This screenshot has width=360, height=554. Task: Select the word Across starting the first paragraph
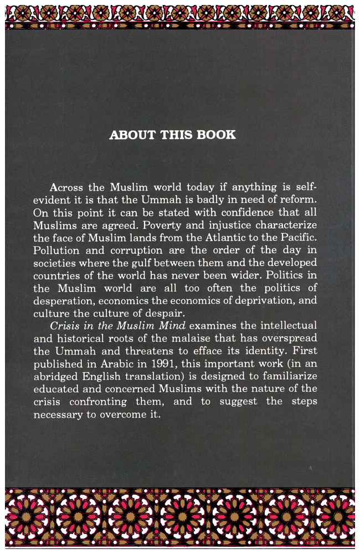pos(66,187)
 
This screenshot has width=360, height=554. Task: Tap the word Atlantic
pos(236,239)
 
